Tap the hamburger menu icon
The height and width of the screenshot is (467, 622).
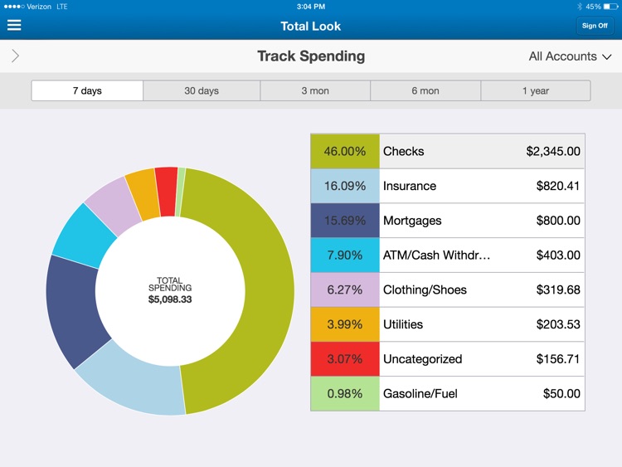pyautogui.click(x=14, y=25)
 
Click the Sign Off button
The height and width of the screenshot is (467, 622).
pyautogui.click(x=595, y=26)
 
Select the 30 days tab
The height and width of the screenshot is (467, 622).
pyautogui.click(x=202, y=91)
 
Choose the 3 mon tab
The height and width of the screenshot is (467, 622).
pyautogui.click(x=315, y=91)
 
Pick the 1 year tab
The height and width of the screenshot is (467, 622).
pyautogui.click(x=536, y=91)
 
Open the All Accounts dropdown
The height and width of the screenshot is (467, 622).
pyautogui.click(x=571, y=56)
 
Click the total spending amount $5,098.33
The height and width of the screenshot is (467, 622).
pyautogui.click(x=170, y=299)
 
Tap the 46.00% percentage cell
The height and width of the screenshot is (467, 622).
pyautogui.click(x=345, y=152)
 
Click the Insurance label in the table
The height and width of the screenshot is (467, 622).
pyautogui.click(x=410, y=186)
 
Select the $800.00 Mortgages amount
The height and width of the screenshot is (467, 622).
pyautogui.click(x=558, y=221)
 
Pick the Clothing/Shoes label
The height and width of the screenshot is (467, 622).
pyautogui.click(x=425, y=290)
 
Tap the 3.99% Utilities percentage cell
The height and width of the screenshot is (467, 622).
pyautogui.click(x=345, y=324)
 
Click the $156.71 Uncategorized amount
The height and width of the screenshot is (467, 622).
pyautogui.click(x=558, y=359)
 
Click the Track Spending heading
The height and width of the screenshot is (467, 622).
pyautogui.click(x=311, y=56)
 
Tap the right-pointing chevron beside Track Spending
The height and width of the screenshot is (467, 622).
pyautogui.click(x=15, y=56)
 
